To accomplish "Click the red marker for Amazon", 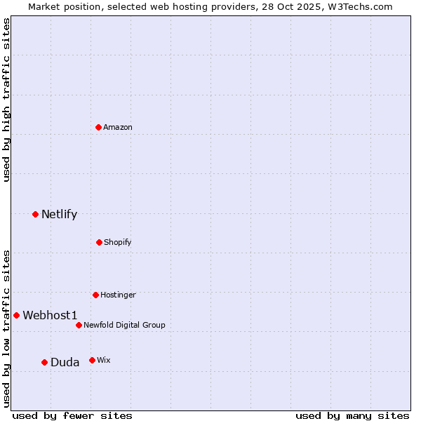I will (99, 127).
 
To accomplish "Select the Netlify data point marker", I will (35, 214).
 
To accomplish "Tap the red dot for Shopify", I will (99, 242).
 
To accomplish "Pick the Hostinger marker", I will (95, 295).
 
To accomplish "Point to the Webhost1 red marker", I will (16, 315).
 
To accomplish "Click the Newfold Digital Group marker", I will (79, 325).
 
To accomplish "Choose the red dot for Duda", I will (44, 362).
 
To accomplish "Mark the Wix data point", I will (92, 360).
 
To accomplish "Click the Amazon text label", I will (118, 127).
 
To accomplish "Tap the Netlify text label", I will (60, 214).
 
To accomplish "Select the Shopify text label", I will (118, 242).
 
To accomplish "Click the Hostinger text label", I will (118, 295).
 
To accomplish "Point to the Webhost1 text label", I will (50, 315).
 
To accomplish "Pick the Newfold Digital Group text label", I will (125, 325).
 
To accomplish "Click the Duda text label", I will (65, 362).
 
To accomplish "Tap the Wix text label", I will (104, 360).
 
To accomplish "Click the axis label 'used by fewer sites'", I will (72, 415).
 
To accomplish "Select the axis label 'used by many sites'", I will (352, 415).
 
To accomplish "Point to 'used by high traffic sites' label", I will (6, 100).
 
